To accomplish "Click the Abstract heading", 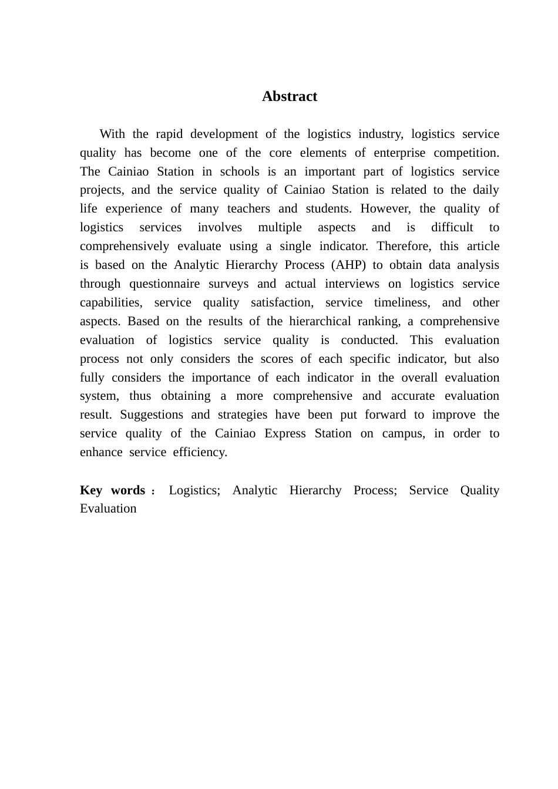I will coord(290,96).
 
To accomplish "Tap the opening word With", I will coord(112,134).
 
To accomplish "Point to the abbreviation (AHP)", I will coord(348,265).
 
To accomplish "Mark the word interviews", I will coord(352,284).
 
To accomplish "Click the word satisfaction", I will coord(282,303).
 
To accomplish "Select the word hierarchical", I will coord(320,322).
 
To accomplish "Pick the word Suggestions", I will coord(152,415).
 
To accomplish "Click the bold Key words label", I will coord(113,491).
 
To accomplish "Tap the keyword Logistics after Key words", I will coord(194,491).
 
